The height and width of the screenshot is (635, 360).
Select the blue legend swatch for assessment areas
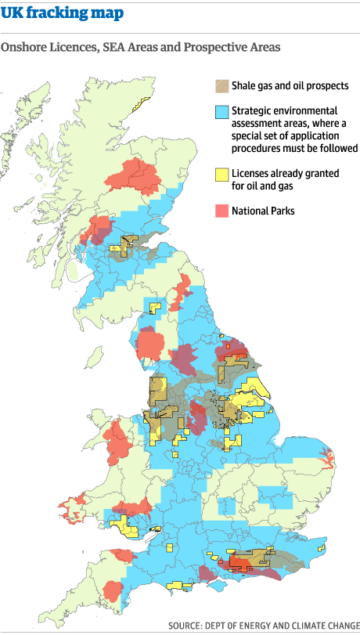(221, 112)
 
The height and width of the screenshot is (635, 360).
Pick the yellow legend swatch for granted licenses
(221, 174)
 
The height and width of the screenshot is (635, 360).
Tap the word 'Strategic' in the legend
(253, 112)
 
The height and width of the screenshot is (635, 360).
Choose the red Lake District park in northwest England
(148, 344)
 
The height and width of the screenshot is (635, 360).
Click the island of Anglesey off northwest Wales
(95, 418)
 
